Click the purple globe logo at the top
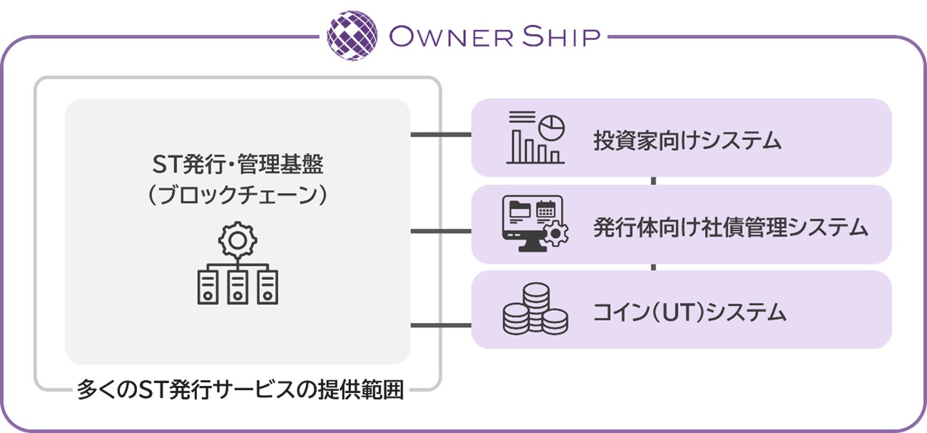tap(352, 35)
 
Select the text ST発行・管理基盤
tap(238, 166)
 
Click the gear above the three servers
tap(238, 241)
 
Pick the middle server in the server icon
tap(238, 287)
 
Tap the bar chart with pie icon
tap(535, 137)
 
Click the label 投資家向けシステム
tap(687, 140)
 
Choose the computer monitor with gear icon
tap(535, 224)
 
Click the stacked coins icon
tap(535, 309)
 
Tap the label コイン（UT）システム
tap(689, 312)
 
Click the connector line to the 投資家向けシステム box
tap(441, 134)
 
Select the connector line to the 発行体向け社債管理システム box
tap(441, 231)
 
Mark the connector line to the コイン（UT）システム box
tap(441, 326)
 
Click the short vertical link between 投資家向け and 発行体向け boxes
tap(653, 181)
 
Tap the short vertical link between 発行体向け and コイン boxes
tap(653, 267)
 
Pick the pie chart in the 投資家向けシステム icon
tap(551, 127)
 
